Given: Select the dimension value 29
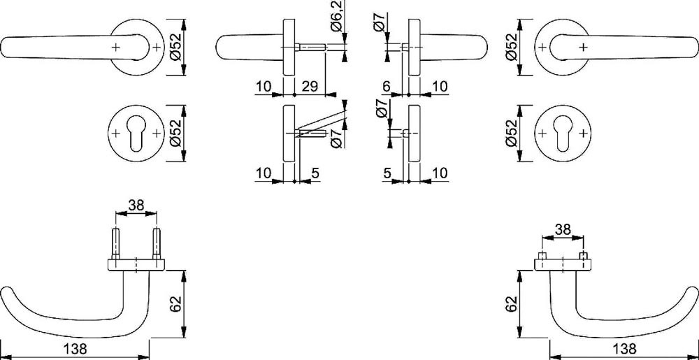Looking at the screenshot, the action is point(310,86).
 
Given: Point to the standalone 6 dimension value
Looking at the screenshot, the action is point(386,87).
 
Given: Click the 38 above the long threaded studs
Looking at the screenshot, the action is point(136,205).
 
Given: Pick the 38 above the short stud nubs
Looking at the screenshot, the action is point(563,229).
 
